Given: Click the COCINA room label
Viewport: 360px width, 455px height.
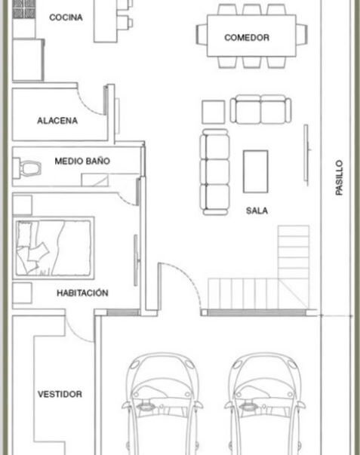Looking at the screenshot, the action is point(66,17).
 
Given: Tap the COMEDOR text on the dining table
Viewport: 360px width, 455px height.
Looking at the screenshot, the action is point(247,38).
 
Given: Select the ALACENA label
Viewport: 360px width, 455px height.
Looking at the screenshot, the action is point(57,121).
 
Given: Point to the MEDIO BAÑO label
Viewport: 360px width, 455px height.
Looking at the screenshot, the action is point(82,161).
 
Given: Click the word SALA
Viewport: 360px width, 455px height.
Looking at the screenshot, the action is point(257,211).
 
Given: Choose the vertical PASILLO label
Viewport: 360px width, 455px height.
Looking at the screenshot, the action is point(339,177).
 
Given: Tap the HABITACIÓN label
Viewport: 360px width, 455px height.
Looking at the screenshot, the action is point(82,293).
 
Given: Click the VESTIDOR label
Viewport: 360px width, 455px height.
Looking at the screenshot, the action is point(60,394).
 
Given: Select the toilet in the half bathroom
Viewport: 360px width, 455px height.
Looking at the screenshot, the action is point(27,168).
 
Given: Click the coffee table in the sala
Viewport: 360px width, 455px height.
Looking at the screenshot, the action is point(256,171).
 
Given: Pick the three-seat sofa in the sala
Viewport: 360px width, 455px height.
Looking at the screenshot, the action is point(214,172).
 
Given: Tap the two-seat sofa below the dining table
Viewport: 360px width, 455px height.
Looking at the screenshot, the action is point(260,109).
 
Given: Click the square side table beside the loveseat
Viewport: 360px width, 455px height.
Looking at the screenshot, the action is point(214,112).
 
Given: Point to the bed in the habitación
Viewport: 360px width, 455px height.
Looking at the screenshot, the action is point(54,248).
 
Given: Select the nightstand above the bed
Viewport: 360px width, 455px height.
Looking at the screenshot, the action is point(22,205).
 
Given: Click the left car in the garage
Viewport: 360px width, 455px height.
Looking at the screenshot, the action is point(162,404).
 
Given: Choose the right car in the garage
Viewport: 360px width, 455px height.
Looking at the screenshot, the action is point(264,404).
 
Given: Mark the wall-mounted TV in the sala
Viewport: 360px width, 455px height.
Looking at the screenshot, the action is point(306,155).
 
